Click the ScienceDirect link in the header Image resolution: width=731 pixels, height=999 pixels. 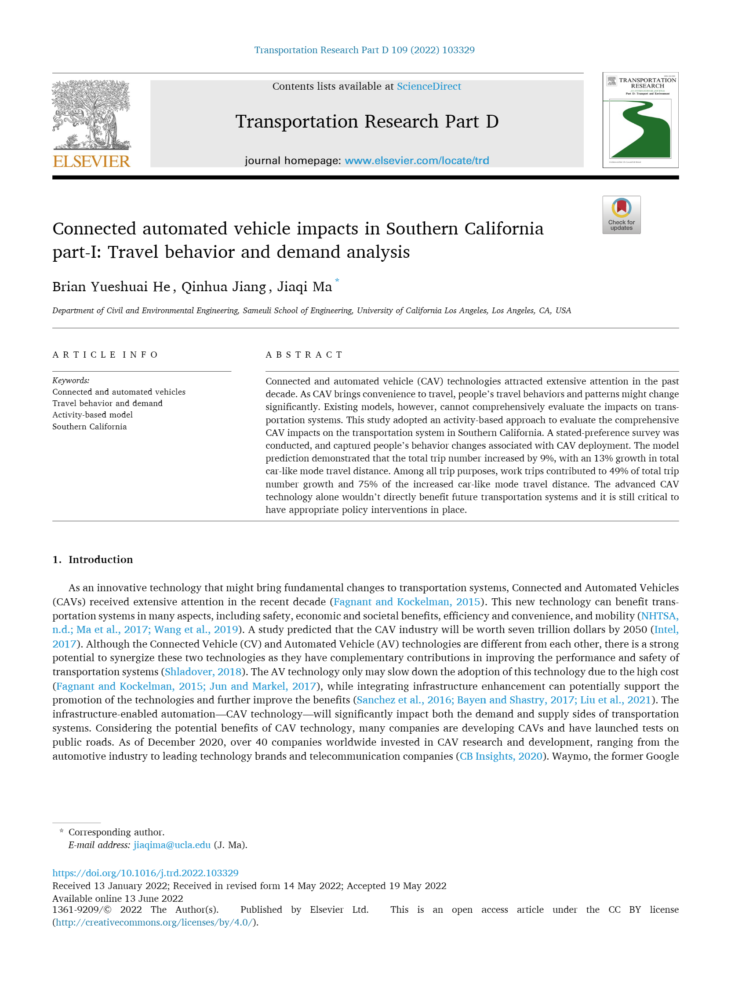tap(428, 86)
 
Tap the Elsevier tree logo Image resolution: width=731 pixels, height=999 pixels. tap(91, 115)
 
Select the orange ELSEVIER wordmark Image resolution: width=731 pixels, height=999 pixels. tap(91, 161)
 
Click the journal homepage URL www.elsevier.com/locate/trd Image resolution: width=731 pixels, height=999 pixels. tap(416, 160)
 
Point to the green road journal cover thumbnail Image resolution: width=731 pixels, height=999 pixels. tap(640, 121)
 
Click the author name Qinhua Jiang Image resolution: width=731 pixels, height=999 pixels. tap(224, 287)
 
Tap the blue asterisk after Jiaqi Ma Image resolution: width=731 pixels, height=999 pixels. tap(337, 281)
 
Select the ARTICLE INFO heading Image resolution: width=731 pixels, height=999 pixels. tap(105, 355)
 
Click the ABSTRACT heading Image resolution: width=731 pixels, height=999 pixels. tap(304, 355)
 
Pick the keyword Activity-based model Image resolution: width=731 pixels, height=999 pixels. tap(92, 415)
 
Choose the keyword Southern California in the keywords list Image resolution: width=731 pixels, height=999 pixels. tap(89, 427)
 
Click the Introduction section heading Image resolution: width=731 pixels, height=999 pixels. tap(101, 560)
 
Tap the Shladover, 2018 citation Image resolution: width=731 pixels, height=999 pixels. tap(203, 672)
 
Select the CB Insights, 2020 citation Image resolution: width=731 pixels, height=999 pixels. tap(501, 756)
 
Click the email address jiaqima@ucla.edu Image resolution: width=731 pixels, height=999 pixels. tap(172, 845)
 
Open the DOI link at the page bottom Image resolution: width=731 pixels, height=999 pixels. tap(145, 873)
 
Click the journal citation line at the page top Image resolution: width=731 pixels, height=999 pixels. tap(364, 50)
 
